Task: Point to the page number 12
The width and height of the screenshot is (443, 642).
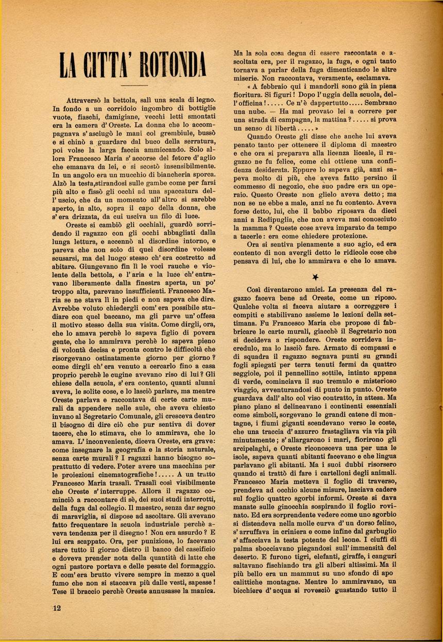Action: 57,607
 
